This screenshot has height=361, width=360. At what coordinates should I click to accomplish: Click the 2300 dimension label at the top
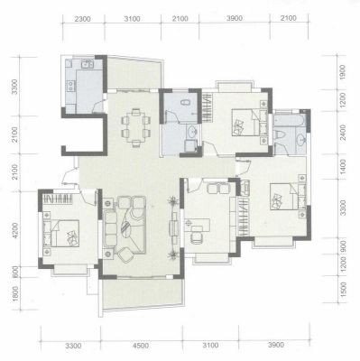click(x=82, y=19)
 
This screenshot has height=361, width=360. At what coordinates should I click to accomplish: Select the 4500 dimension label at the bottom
click(x=141, y=346)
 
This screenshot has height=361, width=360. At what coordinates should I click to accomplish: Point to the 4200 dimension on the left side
click(x=15, y=231)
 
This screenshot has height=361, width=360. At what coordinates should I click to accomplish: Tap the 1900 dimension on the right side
click(x=342, y=72)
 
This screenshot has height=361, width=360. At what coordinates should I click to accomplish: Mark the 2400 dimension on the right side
click(x=342, y=133)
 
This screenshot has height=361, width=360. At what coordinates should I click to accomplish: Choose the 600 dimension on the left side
click(x=15, y=272)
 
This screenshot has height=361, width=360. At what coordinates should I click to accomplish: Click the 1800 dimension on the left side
click(x=15, y=294)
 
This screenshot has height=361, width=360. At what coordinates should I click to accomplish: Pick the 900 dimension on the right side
click(x=342, y=246)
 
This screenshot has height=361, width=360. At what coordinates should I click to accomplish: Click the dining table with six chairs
click(x=135, y=128)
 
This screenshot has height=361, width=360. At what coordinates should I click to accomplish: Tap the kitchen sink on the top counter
click(x=88, y=63)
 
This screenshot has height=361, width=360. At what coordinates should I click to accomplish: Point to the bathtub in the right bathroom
click(x=290, y=120)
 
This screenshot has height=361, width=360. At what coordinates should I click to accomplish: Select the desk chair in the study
click(x=197, y=237)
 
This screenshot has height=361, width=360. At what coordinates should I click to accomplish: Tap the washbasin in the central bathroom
click(x=191, y=132)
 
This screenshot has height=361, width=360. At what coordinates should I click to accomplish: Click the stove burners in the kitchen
click(x=70, y=86)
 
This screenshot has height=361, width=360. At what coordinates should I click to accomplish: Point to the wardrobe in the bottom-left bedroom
click(x=58, y=199)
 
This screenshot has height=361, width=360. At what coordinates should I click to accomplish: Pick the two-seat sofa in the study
click(x=217, y=188)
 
